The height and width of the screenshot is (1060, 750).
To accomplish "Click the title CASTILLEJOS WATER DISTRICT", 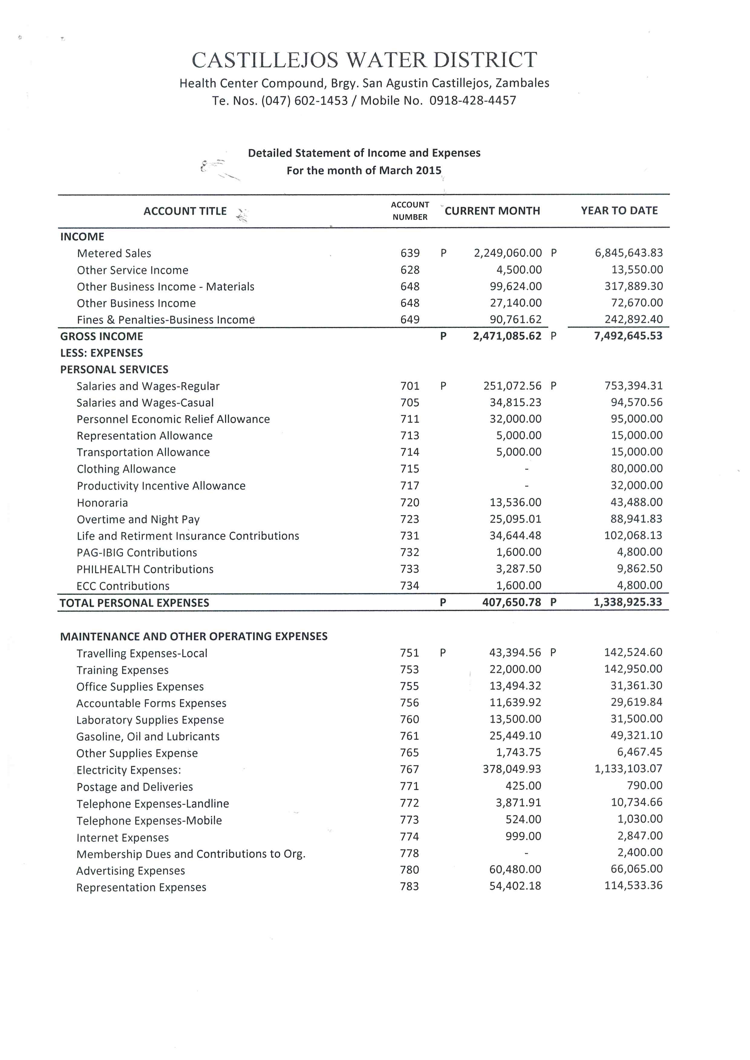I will [364, 60].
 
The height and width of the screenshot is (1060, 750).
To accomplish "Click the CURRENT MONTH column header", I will [492, 211].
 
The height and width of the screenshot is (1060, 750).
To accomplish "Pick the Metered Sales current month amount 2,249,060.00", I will [507, 253].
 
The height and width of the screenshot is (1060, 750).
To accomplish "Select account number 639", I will [410, 253].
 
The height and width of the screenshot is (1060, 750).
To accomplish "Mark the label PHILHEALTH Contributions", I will [145, 569].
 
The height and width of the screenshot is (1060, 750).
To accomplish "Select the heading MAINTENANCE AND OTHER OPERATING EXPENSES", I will [194, 636].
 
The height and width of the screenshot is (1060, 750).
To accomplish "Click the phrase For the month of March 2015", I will [364, 170].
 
